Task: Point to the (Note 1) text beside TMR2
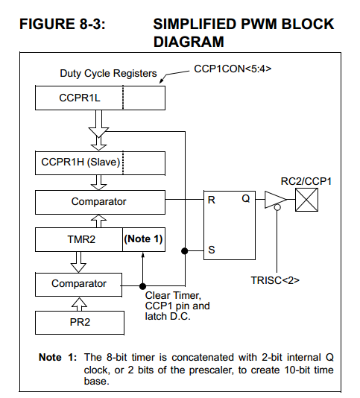[x=143, y=240]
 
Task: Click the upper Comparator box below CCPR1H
[x=99, y=201]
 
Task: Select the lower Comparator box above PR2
[x=78, y=283]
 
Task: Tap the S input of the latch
[x=212, y=250]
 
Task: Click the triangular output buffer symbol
[x=274, y=200]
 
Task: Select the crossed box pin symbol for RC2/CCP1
[x=307, y=200]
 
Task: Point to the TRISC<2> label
[x=276, y=279]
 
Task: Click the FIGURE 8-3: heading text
[x=61, y=25]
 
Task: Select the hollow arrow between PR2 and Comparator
[x=78, y=303]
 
